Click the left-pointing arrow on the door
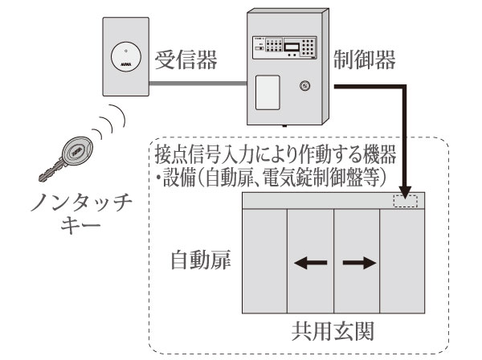[x=310, y=261]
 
